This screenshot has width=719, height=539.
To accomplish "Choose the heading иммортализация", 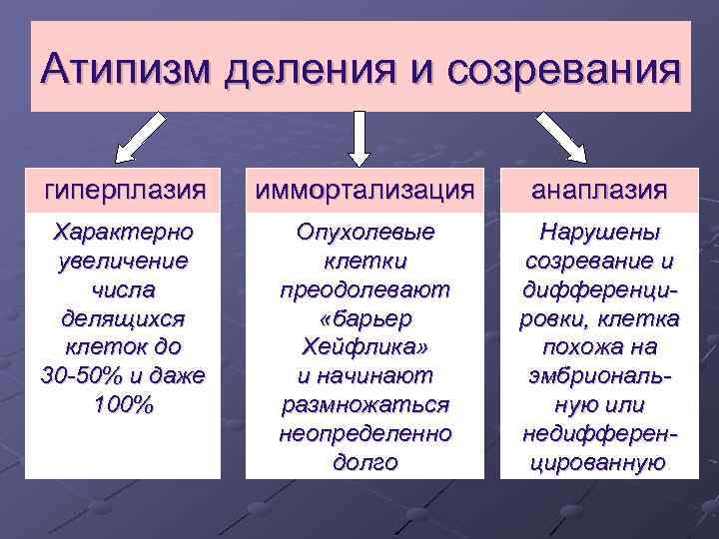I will [x=361, y=188].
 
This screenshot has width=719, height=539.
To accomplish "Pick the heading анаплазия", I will [x=599, y=188].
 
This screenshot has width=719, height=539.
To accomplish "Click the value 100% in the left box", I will [x=123, y=405].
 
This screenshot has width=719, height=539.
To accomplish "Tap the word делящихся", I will [x=123, y=319].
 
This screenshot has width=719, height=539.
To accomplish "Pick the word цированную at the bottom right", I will [x=599, y=462].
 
